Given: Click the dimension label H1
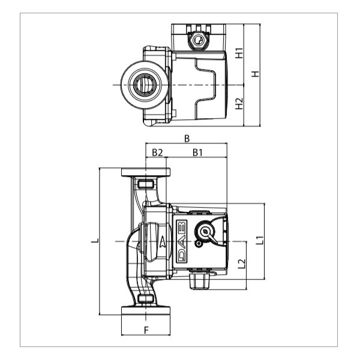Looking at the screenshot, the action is pyautogui.click(x=239, y=53).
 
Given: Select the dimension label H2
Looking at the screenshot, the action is pyautogui.click(x=239, y=104).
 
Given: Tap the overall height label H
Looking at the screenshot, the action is pyautogui.click(x=255, y=74).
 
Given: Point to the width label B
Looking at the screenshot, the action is pyautogui.click(x=187, y=139).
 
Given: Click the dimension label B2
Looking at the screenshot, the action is pyautogui.click(x=157, y=152).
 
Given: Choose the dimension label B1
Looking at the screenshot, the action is pyautogui.click(x=197, y=152).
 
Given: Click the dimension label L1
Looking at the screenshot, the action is pyautogui.click(x=260, y=240).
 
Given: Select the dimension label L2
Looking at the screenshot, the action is pyautogui.click(x=241, y=263).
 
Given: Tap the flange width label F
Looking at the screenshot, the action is pyautogui.click(x=146, y=331).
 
